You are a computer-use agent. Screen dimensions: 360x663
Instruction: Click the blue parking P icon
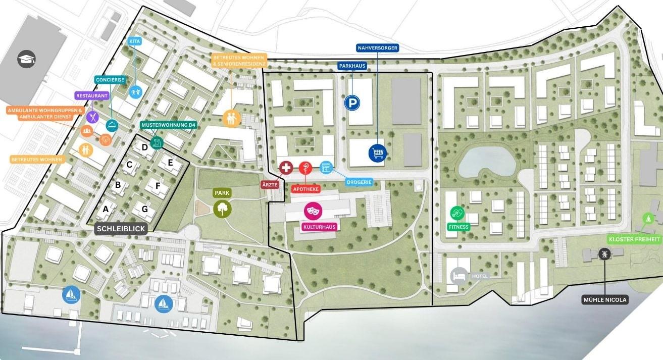click(x=352, y=104)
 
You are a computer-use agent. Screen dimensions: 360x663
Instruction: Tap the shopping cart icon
click(x=377, y=152)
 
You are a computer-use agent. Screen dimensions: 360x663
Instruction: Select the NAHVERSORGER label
click(x=377, y=48)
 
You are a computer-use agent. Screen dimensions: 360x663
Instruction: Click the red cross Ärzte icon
click(x=286, y=168)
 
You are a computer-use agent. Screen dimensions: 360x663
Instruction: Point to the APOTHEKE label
click(x=306, y=189)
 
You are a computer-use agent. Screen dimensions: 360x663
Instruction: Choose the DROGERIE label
click(x=360, y=182)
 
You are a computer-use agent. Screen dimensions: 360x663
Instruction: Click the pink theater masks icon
click(x=313, y=210)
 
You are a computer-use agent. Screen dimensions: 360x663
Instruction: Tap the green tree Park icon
click(x=221, y=208)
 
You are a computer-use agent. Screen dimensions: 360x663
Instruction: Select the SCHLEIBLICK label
click(x=121, y=229)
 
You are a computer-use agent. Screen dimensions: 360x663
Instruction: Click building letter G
click(x=144, y=209)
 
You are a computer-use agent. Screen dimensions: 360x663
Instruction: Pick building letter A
click(x=106, y=209)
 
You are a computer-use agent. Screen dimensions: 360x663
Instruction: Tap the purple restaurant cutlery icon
click(x=93, y=117)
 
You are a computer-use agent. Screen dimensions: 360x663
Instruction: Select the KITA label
click(x=134, y=41)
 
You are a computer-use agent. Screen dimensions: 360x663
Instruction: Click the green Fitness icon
click(x=457, y=213)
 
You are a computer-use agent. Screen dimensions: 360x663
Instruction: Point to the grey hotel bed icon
click(x=458, y=276)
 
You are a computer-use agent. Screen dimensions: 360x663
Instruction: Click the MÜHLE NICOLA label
click(x=604, y=300)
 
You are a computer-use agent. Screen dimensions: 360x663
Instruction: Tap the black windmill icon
click(x=602, y=253)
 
